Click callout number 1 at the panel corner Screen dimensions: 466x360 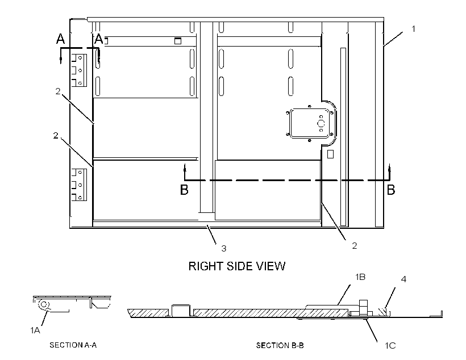(413, 29)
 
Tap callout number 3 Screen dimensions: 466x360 (224, 248)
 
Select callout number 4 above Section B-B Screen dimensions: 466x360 (403, 279)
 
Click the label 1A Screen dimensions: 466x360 (35, 330)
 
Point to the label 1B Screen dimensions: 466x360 (360, 277)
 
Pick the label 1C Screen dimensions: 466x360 (390, 345)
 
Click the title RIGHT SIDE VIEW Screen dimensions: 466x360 (237, 266)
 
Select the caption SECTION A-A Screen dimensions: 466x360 (73, 345)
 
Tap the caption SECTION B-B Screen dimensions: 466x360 (280, 345)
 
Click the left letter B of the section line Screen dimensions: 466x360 (184, 190)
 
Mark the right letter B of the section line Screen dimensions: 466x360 (391, 190)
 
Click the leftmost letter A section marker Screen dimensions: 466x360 (61, 39)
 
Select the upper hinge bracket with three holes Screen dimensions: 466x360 (79, 70)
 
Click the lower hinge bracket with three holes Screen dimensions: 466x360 (79, 185)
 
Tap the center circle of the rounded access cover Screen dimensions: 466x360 (321, 123)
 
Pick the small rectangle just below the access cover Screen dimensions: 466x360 (330, 154)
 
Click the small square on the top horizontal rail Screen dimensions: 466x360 (178, 41)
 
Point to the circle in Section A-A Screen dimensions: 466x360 (44, 304)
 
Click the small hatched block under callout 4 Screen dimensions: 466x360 (382, 312)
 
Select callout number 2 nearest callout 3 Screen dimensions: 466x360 (354, 246)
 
